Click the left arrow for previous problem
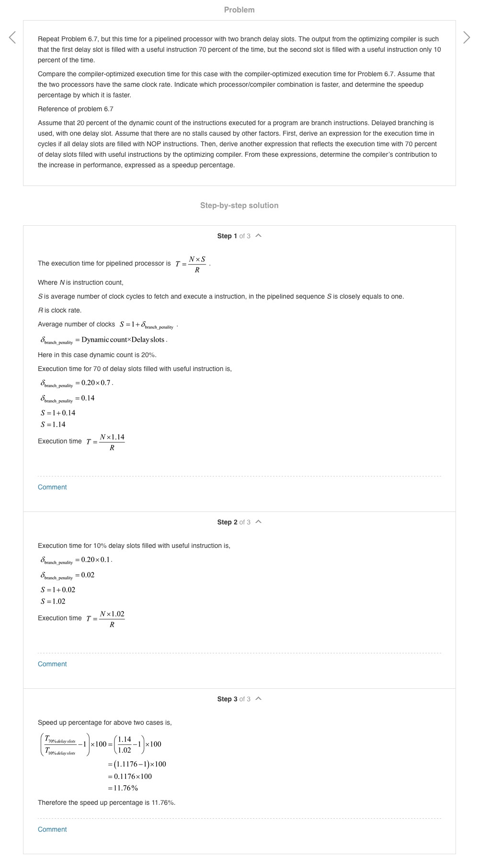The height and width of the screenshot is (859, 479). [x=12, y=37]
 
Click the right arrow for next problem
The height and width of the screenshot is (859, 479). [x=467, y=37]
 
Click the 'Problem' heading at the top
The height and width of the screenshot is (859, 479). [x=239, y=10]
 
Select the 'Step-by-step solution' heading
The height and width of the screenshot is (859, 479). [x=239, y=205]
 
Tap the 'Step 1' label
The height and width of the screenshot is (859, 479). [x=227, y=236]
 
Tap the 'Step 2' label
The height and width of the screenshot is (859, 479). [x=227, y=522]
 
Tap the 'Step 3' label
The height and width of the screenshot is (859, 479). [x=227, y=699]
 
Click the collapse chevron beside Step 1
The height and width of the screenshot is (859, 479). [x=259, y=236]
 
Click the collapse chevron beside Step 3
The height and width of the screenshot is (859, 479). [x=259, y=699]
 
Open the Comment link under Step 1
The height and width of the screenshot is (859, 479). [x=52, y=487]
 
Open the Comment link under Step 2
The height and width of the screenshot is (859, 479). [x=52, y=664]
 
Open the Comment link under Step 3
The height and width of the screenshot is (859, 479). [x=52, y=829]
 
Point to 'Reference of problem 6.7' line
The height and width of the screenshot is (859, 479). [x=76, y=109]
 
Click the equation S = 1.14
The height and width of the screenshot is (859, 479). [x=53, y=424]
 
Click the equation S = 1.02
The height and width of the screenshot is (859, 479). [x=53, y=601]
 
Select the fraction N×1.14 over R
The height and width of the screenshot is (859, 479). [x=112, y=442]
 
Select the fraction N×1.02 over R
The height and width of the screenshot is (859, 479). [x=112, y=619]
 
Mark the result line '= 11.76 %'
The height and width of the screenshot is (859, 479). [x=123, y=788]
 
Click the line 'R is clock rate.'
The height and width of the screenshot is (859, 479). [x=60, y=310]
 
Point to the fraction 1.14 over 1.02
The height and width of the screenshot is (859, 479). [x=125, y=744]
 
